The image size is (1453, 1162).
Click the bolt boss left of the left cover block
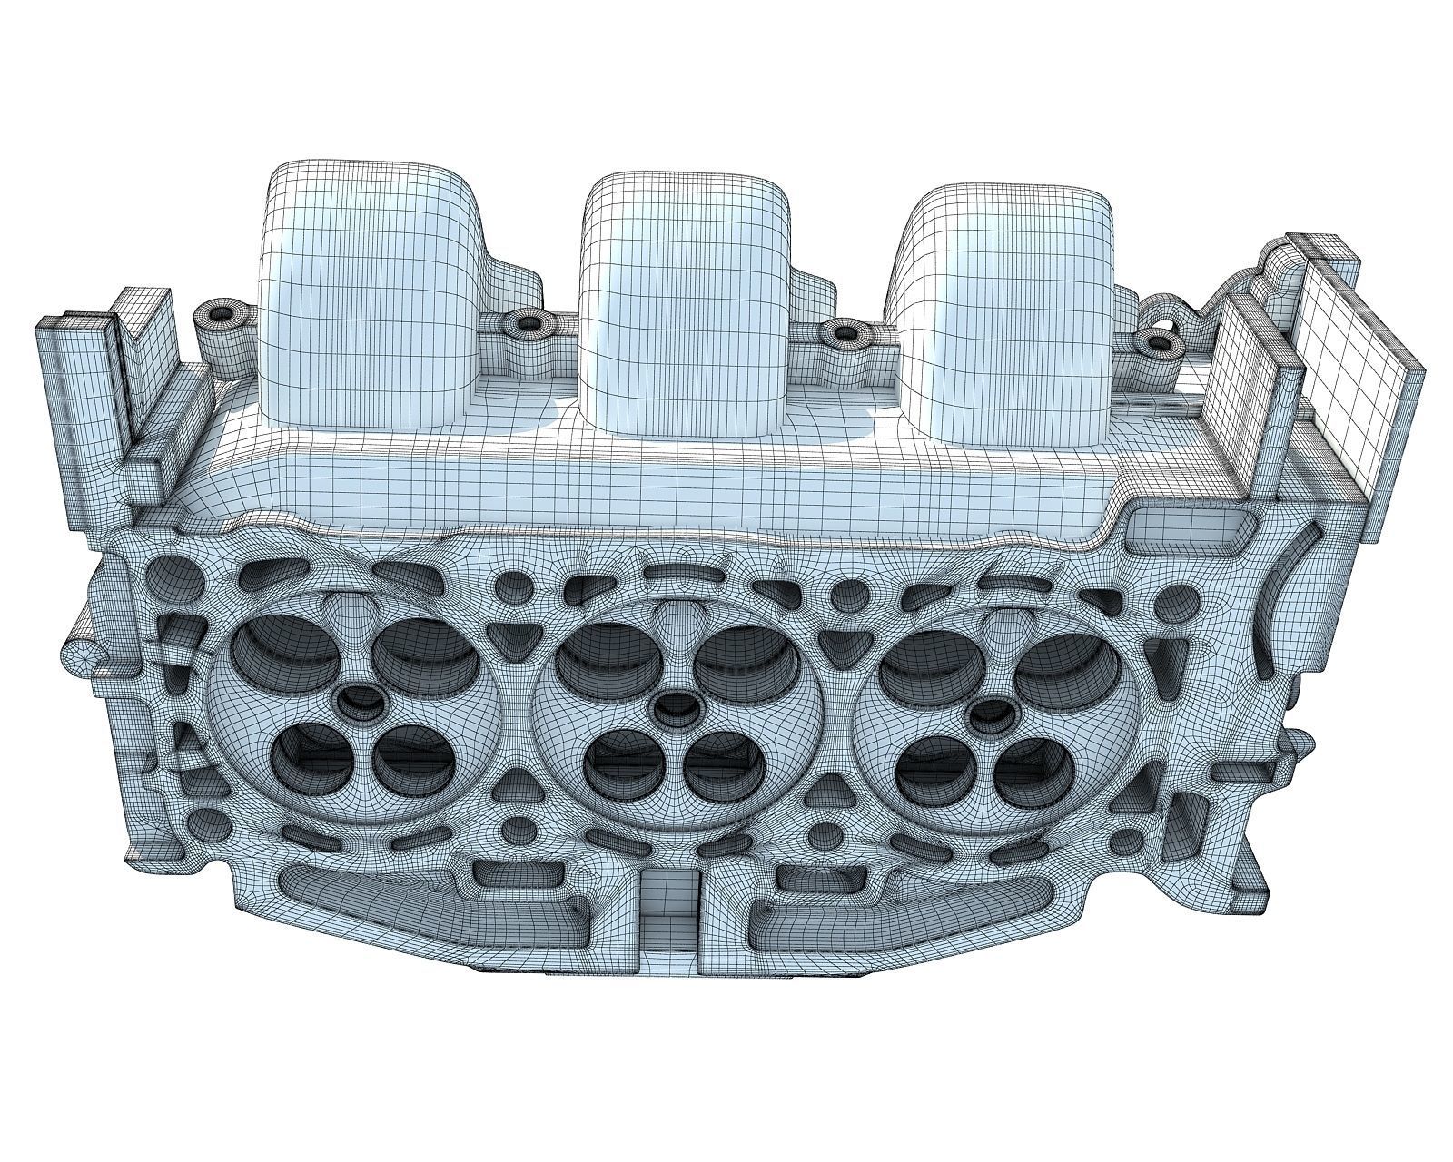pos(221,314)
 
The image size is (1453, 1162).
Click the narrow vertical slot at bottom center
pos(670,917)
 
